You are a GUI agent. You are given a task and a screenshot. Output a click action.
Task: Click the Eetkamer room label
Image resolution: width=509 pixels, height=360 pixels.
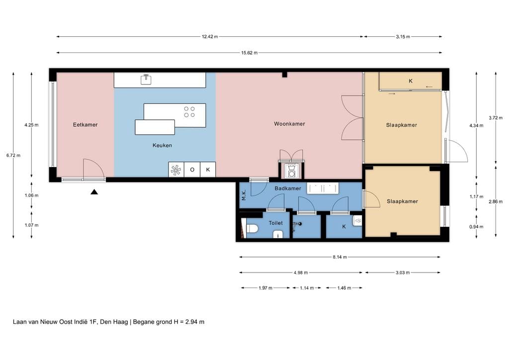point(85,125)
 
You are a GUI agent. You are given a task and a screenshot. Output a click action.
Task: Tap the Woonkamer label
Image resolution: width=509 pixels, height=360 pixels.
point(290,124)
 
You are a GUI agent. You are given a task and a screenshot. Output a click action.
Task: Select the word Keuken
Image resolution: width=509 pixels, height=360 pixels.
point(163,145)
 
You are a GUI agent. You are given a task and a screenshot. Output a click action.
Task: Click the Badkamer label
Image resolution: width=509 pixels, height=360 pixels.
point(288,188)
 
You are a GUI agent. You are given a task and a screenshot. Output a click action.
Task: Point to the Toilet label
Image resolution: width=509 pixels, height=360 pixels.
point(275,223)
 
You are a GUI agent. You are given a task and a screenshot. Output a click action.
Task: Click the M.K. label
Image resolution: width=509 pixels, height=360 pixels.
point(244,195)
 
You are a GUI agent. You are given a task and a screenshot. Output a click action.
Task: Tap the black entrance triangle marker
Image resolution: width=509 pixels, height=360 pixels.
point(94,192)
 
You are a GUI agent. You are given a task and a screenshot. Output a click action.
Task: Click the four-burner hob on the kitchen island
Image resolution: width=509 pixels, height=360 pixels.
point(189,112)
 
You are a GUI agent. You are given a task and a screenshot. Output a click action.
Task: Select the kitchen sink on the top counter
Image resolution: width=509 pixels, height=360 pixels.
point(146,79)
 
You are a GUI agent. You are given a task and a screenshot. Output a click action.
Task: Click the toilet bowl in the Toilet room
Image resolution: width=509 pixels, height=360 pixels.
point(252,229)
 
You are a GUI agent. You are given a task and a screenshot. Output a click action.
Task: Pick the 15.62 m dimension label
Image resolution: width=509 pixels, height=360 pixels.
point(250,53)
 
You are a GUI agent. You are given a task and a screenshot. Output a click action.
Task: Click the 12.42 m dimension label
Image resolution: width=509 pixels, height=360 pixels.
point(210,37)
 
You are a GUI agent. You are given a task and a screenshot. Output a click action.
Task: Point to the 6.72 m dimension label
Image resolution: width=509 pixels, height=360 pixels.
point(13,156)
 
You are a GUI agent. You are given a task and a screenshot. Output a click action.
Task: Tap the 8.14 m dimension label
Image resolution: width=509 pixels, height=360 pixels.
point(339,257)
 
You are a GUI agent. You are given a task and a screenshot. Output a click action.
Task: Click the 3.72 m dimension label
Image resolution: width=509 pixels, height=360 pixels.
point(496,118)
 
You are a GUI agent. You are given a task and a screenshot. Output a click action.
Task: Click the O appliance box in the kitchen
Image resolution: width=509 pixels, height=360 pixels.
point(192,170)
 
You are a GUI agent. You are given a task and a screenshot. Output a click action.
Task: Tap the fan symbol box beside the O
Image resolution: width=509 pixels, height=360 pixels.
point(176,170)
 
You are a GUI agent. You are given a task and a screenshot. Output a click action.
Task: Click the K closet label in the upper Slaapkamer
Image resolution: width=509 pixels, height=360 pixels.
point(411,81)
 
